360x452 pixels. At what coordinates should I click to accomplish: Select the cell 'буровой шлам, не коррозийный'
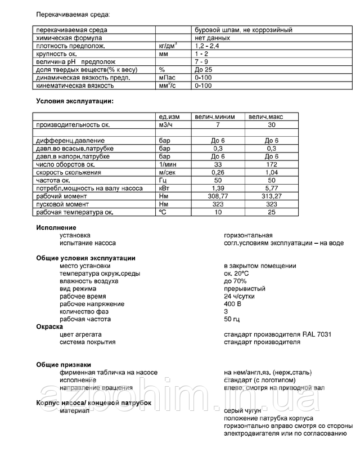(x=243, y=30)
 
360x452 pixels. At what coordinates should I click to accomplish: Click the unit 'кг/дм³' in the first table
(x=170, y=46)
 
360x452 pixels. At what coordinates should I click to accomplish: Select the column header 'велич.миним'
(x=217, y=116)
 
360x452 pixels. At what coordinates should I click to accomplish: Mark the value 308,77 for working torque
(x=217, y=196)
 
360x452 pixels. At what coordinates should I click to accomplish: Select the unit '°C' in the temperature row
(x=164, y=212)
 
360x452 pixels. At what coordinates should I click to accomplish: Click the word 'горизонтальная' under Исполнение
(x=248, y=235)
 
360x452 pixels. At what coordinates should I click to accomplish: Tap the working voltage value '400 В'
(x=233, y=305)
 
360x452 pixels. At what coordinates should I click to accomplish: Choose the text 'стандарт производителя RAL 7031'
(x=278, y=334)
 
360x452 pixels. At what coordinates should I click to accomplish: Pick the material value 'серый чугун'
(x=242, y=411)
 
